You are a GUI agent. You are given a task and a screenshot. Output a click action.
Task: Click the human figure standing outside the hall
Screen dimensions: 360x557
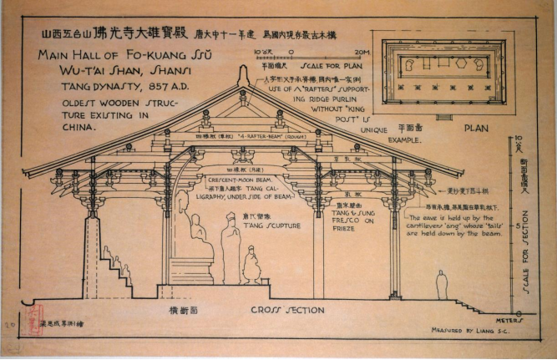click(x=441, y=284)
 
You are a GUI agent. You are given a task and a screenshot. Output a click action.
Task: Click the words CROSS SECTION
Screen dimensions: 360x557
click(x=287, y=310)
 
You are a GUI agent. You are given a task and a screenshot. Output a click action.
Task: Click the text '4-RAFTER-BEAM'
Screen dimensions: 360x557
click(x=262, y=134)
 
